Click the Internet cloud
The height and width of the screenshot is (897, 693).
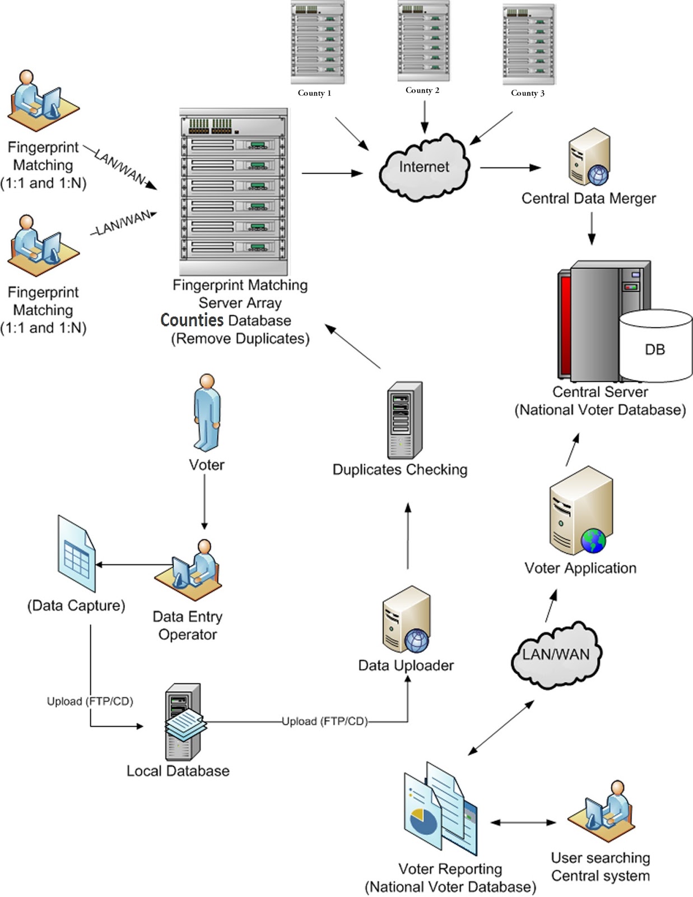click(424, 167)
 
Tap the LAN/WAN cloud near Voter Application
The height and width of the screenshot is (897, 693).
click(556, 655)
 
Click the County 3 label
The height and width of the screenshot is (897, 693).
click(527, 93)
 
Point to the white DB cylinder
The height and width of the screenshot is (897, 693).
click(655, 346)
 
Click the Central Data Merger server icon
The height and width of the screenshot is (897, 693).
click(589, 157)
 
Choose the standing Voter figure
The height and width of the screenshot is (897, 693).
click(207, 412)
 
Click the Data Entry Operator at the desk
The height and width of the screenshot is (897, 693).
click(190, 566)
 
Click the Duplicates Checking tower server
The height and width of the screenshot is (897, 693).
click(404, 420)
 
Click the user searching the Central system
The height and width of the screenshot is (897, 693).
click(603, 807)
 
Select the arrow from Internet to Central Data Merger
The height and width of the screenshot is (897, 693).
click(510, 167)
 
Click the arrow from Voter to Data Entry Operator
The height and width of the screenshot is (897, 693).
click(204, 502)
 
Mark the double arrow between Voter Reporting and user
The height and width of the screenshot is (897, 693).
click(523, 822)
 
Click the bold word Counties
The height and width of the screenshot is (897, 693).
click(192, 320)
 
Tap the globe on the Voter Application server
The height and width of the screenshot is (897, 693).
click(593, 540)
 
